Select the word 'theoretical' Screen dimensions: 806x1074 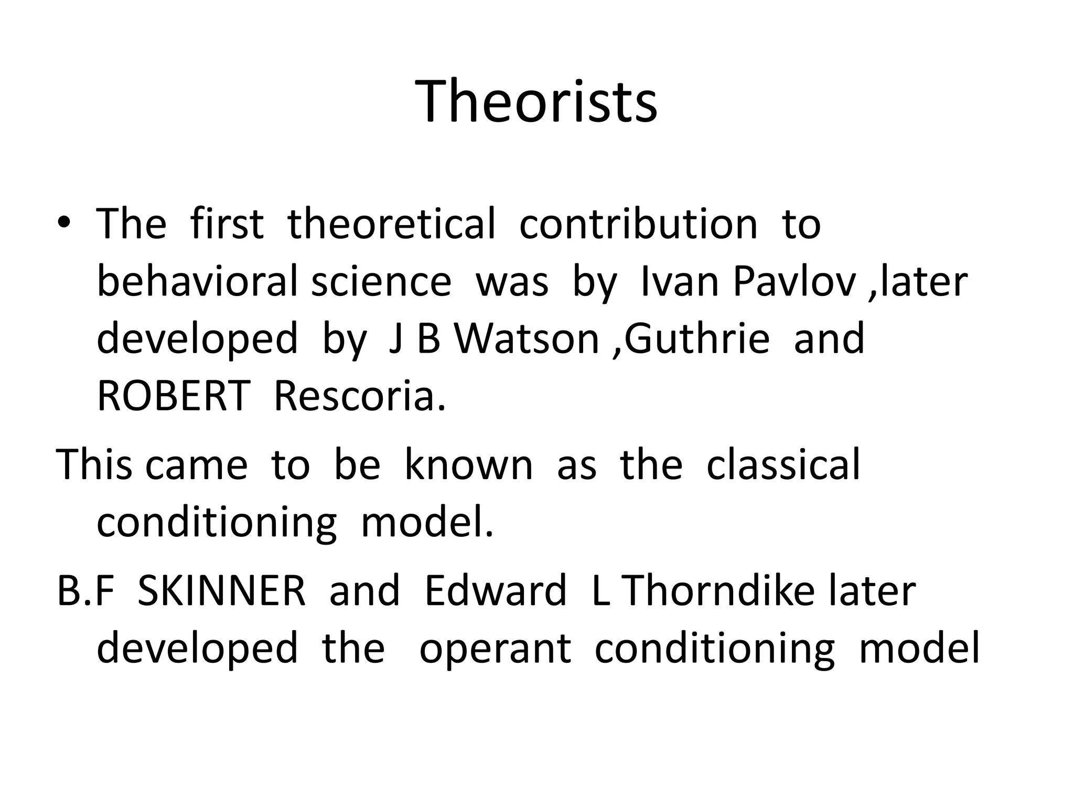[391, 224]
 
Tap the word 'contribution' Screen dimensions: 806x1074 [638, 224]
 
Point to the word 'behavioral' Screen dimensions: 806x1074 [197, 281]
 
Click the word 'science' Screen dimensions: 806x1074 [381, 281]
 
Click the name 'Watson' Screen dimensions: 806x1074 [526, 338]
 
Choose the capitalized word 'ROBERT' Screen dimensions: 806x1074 [174, 396]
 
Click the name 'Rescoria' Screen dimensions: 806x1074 [359, 396]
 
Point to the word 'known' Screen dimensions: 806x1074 [468, 465]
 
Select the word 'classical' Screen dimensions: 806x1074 [783, 465]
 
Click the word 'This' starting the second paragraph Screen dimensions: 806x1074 [94, 465]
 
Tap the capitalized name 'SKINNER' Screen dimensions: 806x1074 [221, 591]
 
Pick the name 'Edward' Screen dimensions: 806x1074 [496, 591]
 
